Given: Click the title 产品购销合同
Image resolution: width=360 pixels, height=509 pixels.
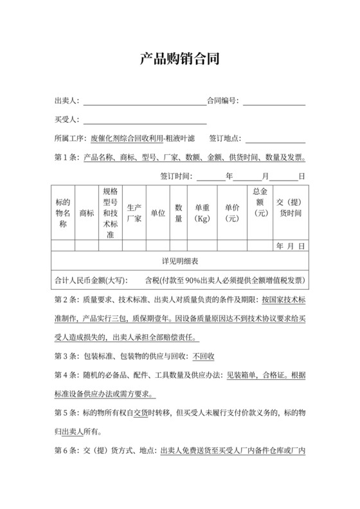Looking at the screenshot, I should [180, 60].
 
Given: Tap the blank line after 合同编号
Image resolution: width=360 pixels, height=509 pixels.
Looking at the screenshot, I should [273, 102].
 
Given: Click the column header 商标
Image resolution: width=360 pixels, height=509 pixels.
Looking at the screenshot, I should [86, 213].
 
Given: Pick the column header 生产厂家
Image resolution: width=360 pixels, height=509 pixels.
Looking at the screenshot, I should [134, 213].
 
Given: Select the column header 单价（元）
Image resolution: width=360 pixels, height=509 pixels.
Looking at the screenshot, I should [232, 213].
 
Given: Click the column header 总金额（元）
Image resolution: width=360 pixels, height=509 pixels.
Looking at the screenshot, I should [260, 202].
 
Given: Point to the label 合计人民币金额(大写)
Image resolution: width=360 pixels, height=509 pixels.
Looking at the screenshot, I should [90, 281].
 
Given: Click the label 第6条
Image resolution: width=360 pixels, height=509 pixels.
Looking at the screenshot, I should [67, 451].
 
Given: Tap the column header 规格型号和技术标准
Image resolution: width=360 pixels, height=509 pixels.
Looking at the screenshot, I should [110, 213].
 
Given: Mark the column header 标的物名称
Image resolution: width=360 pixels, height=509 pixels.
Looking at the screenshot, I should [63, 213].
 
